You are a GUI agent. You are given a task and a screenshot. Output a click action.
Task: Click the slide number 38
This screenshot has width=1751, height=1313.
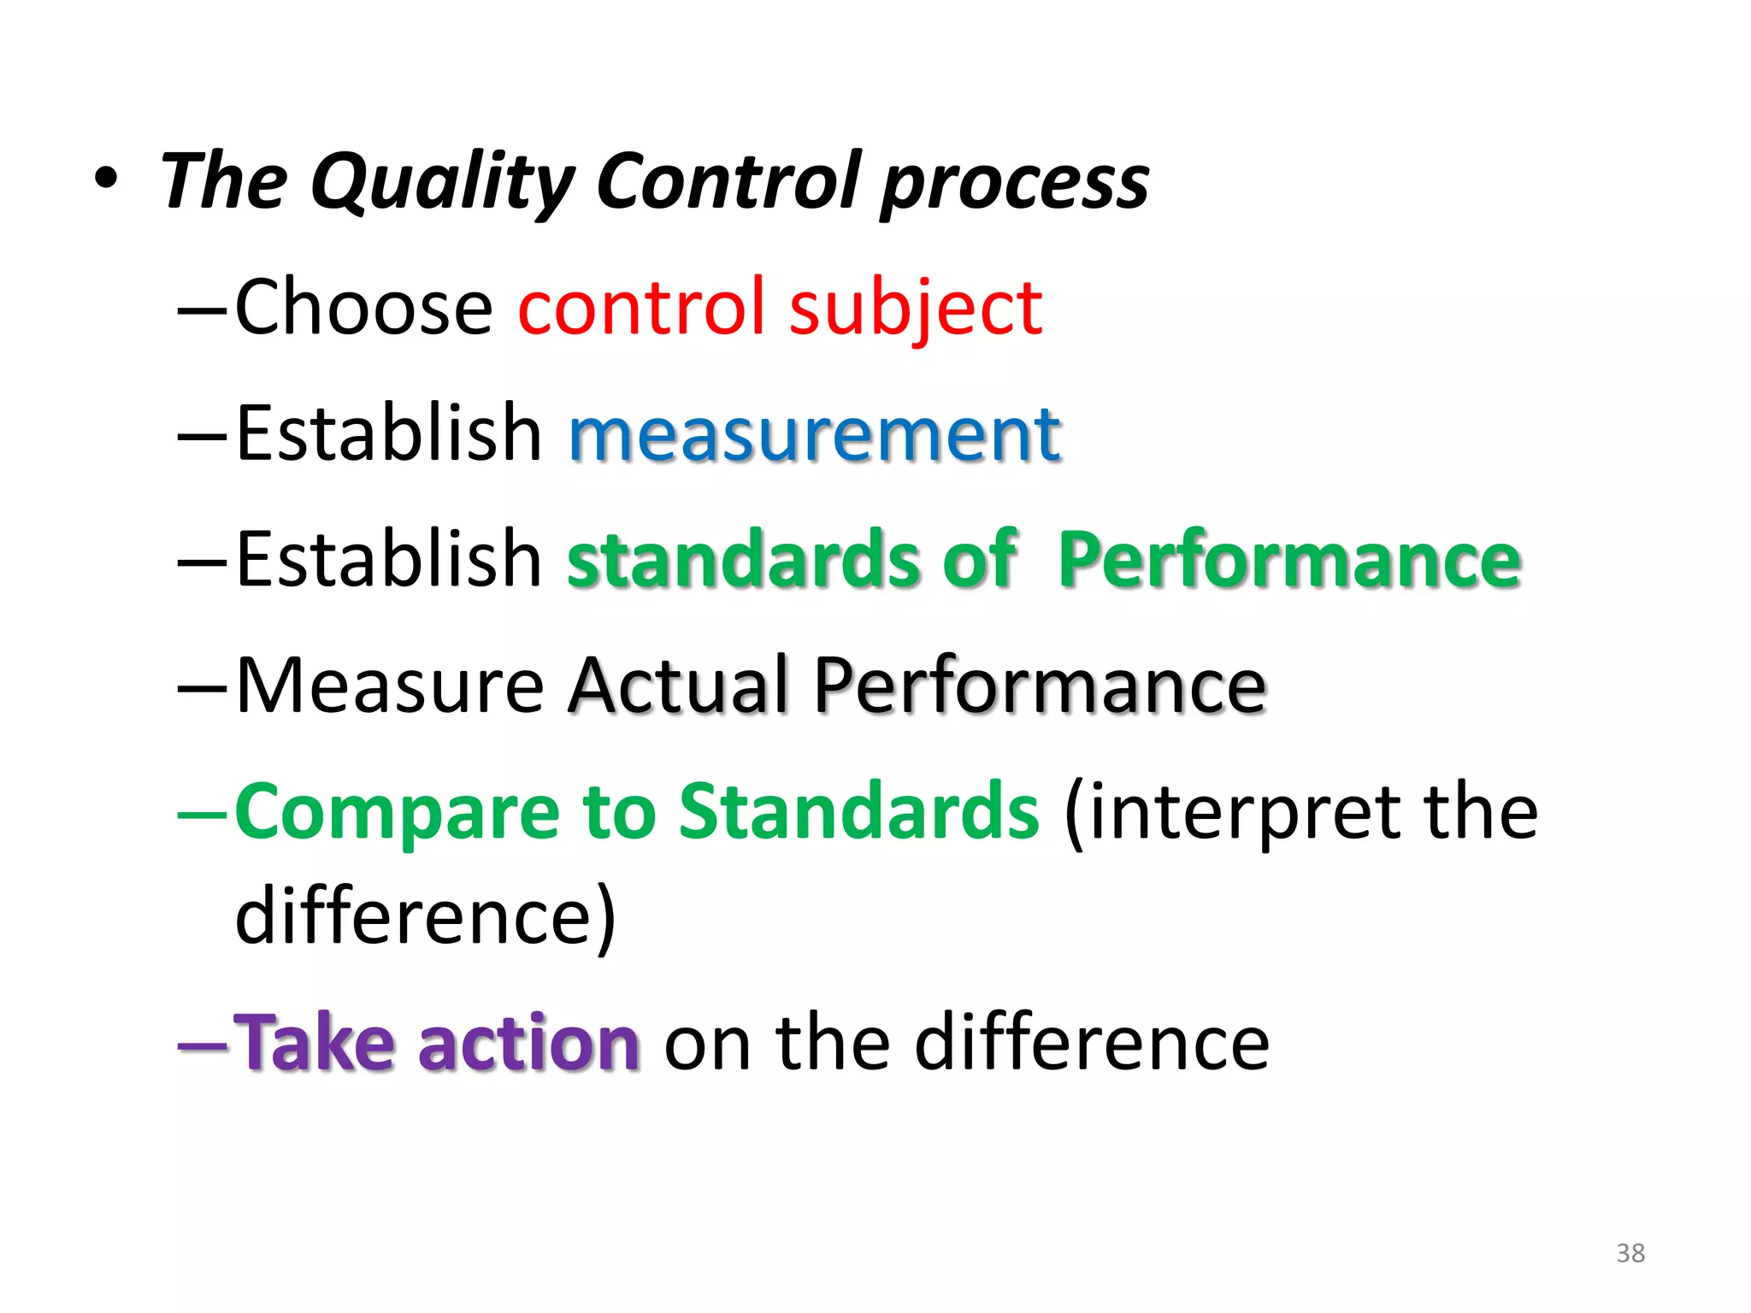(1630, 1253)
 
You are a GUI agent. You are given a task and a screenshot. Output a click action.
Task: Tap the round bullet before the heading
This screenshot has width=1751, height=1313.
(106, 179)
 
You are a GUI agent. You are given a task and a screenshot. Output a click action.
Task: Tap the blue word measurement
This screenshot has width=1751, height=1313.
(815, 433)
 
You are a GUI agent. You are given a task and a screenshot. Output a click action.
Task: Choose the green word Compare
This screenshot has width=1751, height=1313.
(397, 812)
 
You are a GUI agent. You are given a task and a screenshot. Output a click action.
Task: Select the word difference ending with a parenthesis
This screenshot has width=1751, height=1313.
(425, 916)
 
